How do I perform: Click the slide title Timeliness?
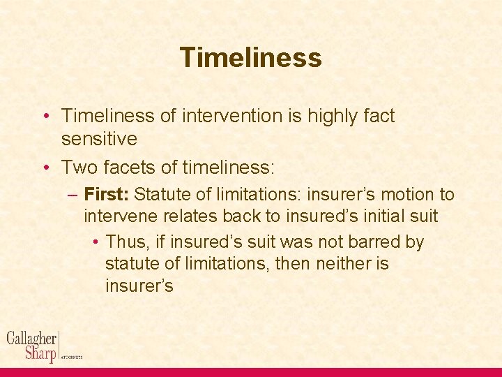click(250, 57)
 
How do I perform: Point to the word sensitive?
click(99, 139)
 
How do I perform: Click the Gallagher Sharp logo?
click(33, 346)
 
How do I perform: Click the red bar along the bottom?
click(251, 372)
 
